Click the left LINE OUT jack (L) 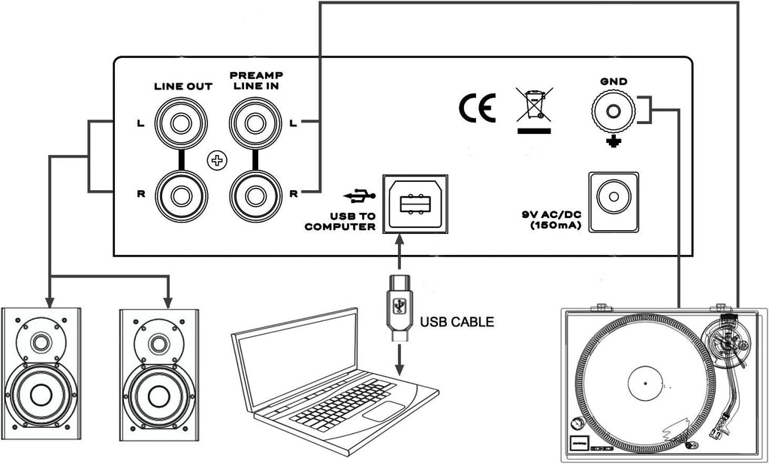click(181, 123)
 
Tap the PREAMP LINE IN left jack click(255, 123)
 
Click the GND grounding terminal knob click(613, 111)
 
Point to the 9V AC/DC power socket click(614, 202)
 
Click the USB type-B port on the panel click(415, 203)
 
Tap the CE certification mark click(477, 108)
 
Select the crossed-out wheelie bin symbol click(534, 111)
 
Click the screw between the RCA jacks click(217, 160)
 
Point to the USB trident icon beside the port click(360, 196)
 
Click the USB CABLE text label click(457, 322)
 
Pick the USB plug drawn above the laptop click(400, 308)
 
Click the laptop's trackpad click(384, 411)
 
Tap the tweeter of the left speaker click(41, 342)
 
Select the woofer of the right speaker click(159, 396)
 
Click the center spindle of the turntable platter click(645, 383)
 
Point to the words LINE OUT click(183, 86)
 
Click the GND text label click(614, 81)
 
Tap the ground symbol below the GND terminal click(614, 142)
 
